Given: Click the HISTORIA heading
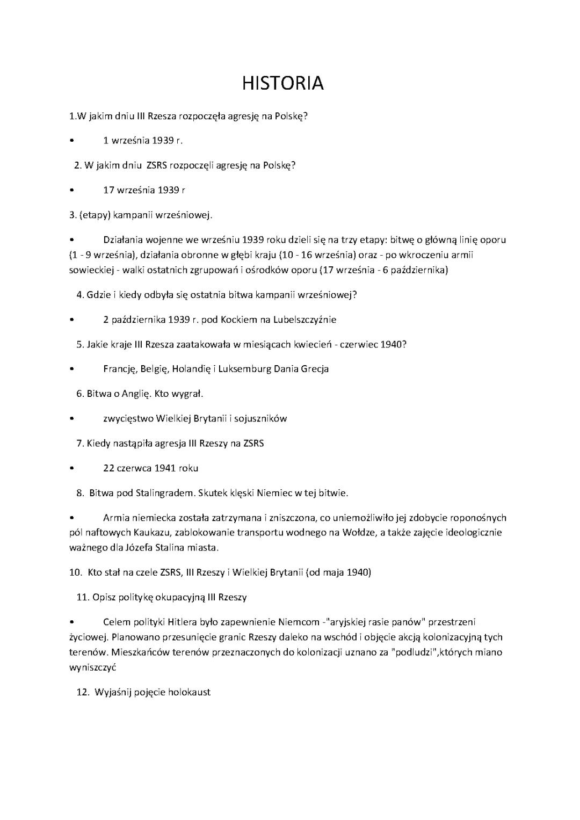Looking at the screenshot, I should (283, 83).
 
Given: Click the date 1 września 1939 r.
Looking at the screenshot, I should (143, 141).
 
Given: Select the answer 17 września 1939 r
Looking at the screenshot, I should (144, 190).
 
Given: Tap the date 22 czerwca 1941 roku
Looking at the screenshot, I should (150, 468).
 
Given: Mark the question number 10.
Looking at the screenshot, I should (75, 572).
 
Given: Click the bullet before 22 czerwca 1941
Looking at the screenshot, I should (71, 469).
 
